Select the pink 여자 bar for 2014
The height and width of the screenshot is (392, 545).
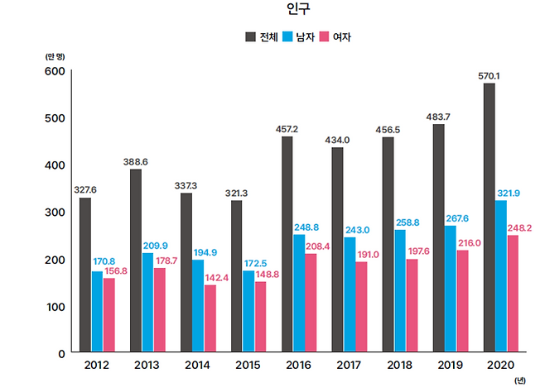(x=210, y=318)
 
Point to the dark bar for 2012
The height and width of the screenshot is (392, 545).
(x=85, y=275)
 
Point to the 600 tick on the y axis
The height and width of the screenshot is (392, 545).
(x=54, y=71)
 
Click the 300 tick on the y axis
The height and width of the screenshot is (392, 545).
(x=54, y=213)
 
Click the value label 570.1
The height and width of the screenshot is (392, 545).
(x=489, y=76)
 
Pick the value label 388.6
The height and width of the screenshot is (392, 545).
(x=135, y=162)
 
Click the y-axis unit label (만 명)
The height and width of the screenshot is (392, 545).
(x=55, y=55)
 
